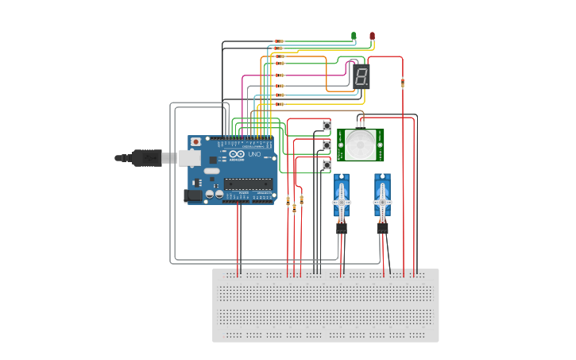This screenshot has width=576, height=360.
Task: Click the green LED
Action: tap(354, 36)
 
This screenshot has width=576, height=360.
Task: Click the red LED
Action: tap(372, 36)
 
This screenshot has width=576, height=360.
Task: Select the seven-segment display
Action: tap(361, 76)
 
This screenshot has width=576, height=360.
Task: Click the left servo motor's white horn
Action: tap(342, 199)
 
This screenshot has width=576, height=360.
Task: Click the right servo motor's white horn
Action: tap(383, 199)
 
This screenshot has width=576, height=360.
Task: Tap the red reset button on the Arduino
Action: tap(195, 141)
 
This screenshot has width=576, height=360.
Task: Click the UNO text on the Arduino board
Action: tap(255, 154)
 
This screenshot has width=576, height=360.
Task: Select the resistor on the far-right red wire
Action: tap(403, 82)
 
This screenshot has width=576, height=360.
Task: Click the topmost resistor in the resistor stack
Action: tap(279, 41)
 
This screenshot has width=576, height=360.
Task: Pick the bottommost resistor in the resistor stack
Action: tap(279, 104)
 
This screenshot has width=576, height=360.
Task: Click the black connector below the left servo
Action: tap(341, 228)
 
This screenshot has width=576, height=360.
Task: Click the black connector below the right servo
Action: tap(382, 228)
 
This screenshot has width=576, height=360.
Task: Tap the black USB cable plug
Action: tap(146, 158)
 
